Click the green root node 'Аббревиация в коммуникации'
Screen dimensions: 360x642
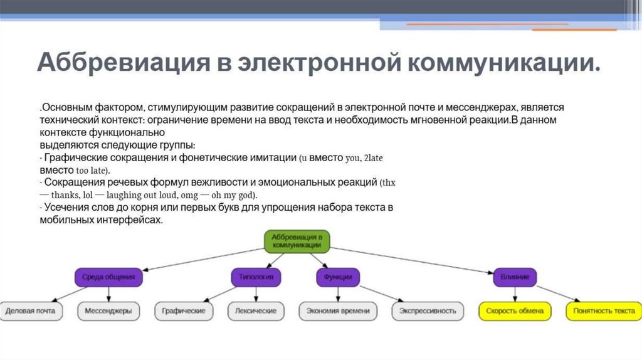(x=297, y=241)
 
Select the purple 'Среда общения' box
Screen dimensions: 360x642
(x=109, y=277)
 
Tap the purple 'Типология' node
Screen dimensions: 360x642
(x=256, y=277)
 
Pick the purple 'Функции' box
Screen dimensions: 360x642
(x=337, y=277)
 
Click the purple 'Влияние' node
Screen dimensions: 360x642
(x=515, y=277)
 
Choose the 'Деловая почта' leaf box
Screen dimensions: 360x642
(x=30, y=310)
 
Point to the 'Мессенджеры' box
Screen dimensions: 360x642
(x=108, y=310)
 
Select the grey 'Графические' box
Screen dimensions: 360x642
(x=184, y=310)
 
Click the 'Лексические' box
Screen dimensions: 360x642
(x=256, y=310)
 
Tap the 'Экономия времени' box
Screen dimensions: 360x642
(x=338, y=310)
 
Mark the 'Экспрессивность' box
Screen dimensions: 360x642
(x=428, y=310)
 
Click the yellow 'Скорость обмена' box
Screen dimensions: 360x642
(x=515, y=310)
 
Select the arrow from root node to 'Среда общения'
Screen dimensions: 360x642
(x=201, y=259)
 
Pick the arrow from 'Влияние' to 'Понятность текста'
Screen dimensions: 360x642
(x=557, y=293)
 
